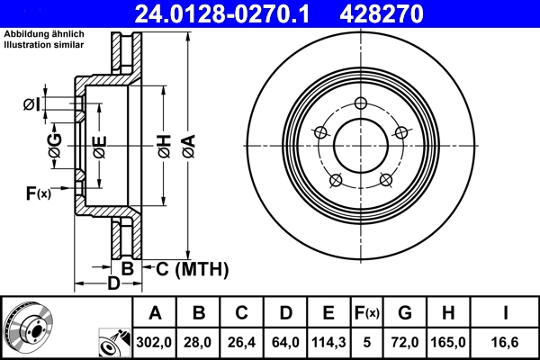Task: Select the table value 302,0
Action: [155, 341]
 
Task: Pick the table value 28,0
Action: [200, 341]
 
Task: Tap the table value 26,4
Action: [242, 341]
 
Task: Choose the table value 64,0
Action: [285, 341]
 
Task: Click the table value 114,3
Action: [328, 341]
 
